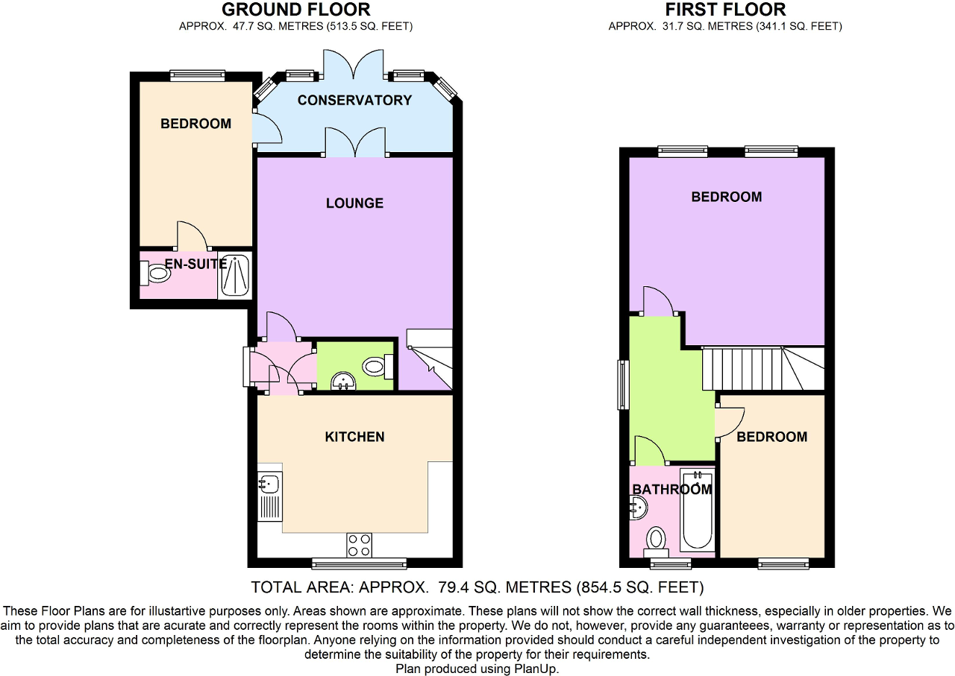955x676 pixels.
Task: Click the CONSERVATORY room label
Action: click(x=354, y=100)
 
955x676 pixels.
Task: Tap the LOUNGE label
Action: click(x=354, y=203)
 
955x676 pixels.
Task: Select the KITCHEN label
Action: click(x=354, y=437)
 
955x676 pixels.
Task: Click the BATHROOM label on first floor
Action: click(x=671, y=490)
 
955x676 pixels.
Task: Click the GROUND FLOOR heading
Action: click(x=296, y=10)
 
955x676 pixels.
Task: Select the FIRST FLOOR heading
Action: click(x=725, y=10)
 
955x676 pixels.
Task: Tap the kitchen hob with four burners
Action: click(x=359, y=545)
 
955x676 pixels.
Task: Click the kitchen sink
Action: click(x=269, y=484)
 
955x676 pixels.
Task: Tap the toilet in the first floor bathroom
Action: click(x=657, y=540)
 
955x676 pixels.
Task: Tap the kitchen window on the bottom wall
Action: click(x=359, y=563)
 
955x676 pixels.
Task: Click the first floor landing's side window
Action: click(x=622, y=385)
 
